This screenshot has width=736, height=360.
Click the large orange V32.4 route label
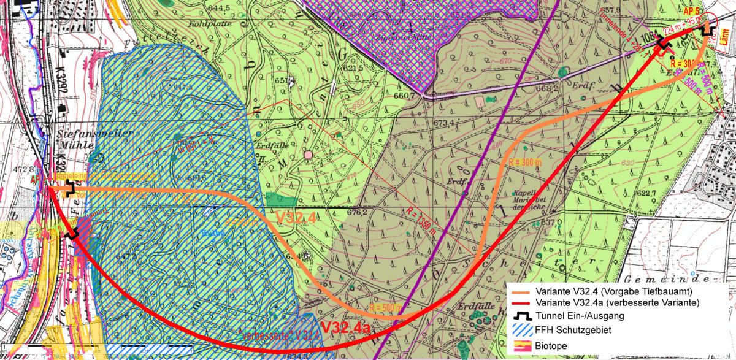295,218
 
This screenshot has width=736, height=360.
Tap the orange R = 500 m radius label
386,307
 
